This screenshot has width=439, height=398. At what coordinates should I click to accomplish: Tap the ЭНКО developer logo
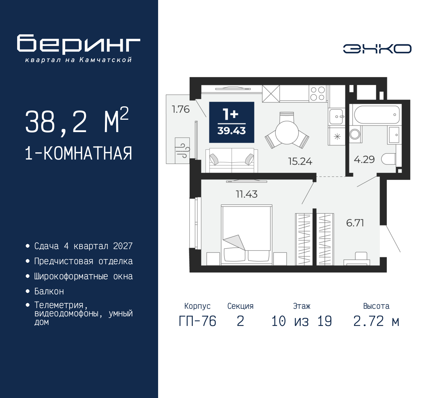pos(377,49)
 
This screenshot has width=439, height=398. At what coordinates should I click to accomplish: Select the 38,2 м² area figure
pos(77,121)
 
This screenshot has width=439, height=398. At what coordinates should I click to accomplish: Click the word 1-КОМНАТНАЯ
pos(79,153)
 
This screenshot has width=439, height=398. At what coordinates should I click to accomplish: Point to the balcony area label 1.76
pos(180,109)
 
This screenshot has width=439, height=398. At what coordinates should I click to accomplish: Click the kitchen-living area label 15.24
pos(300,161)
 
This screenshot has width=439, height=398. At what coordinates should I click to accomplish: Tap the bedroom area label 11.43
pos(247,194)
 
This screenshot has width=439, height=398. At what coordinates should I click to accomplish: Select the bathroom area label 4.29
pos(364,160)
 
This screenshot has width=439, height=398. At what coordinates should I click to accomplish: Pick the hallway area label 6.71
pos(355,223)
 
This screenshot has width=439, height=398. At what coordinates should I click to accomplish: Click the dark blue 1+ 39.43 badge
pos(232,122)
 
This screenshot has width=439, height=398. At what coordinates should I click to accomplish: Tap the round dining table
pos(287,132)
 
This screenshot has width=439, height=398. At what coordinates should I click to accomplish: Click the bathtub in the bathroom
pos(377,115)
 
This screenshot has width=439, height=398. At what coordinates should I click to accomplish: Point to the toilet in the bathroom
pos(389,159)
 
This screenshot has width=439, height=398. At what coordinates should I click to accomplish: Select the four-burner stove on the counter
pos(317,93)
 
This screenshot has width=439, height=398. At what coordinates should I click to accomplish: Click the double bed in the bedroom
pos(246,235)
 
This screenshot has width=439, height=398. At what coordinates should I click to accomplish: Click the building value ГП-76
pos(198,321)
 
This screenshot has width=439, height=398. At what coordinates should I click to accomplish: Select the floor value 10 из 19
pos(301,321)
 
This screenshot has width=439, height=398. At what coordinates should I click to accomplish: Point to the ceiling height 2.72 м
pos(376,321)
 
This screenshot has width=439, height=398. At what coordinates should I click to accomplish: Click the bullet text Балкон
pos(49,291)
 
